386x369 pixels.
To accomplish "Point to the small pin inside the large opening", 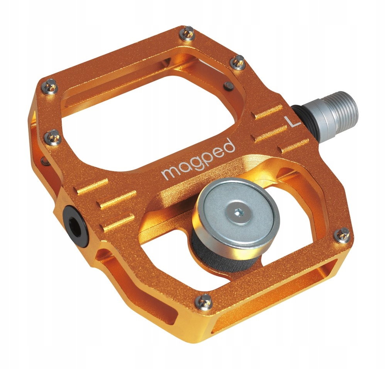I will coord(229,84).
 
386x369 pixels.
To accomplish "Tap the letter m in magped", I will coord(168,173).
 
